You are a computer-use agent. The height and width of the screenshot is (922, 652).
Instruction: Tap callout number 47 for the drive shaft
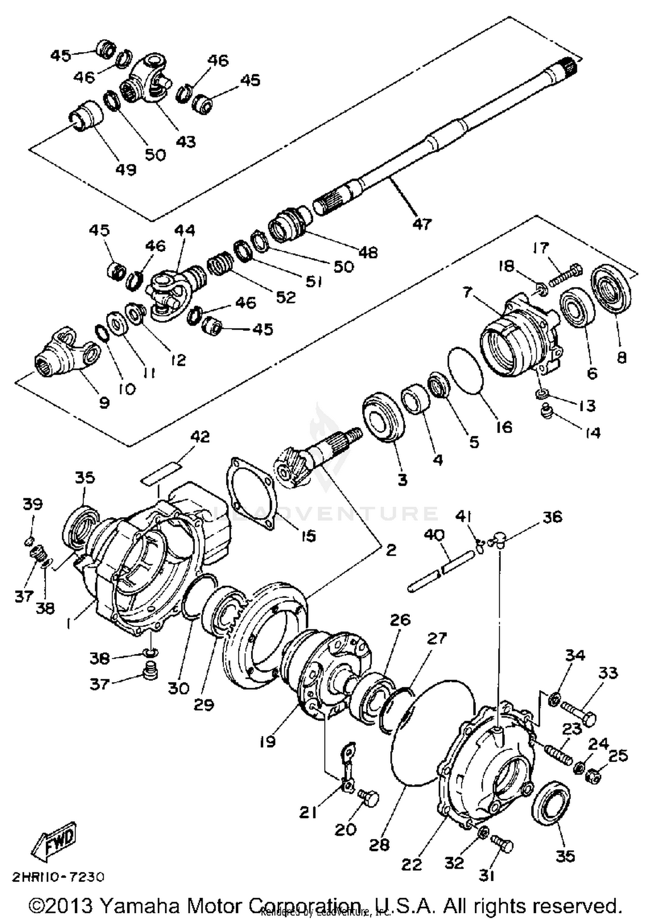coord(422,224)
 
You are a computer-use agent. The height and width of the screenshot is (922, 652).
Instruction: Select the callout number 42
coord(200,437)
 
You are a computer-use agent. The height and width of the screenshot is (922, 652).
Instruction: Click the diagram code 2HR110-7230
coord(58,877)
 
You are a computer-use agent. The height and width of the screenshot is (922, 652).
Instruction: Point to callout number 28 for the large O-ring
coord(379,845)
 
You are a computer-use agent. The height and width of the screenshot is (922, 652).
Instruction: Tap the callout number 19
coord(268,741)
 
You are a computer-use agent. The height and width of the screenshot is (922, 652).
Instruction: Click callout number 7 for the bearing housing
coord(467,292)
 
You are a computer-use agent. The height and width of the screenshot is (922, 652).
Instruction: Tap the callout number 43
coord(186,142)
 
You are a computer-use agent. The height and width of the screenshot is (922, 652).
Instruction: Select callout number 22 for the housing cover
coord(411,864)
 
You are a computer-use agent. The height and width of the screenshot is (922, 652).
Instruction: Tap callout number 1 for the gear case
coord(68,624)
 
